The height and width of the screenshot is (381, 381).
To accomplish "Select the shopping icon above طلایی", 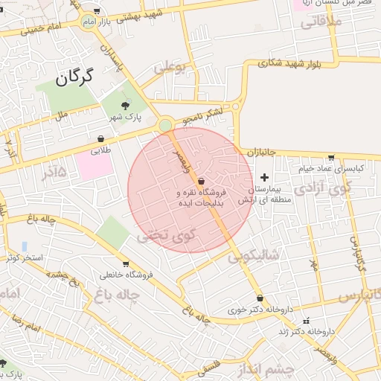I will pyautogui.click(x=100, y=138).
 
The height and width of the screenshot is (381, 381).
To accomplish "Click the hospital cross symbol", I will pyautogui.click(x=264, y=177).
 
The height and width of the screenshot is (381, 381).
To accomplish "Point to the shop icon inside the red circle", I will pyautogui.click(x=201, y=181).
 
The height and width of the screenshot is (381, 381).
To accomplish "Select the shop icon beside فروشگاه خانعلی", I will pyautogui.click(x=126, y=263).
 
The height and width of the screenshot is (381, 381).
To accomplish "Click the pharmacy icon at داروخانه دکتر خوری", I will pyautogui.click(x=260, y=298).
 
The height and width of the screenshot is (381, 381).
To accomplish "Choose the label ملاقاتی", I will pyautogui.click(x=322, y=22).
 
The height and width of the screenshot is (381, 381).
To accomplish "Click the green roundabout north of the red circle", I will pyautogui.click(x=165, y=125).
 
